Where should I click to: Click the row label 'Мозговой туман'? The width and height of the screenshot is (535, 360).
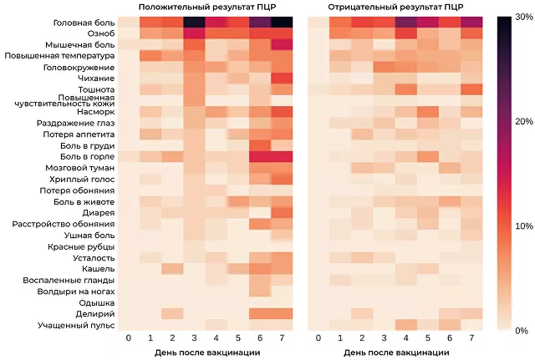(81, 168)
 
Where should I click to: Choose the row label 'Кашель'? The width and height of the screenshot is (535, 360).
(97, 269)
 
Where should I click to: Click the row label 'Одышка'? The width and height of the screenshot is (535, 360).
(96, 302)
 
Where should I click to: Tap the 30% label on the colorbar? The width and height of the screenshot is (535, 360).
(523, 18)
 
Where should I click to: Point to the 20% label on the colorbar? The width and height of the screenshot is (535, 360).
(523, 122)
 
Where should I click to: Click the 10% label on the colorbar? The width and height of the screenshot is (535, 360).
(523, 226)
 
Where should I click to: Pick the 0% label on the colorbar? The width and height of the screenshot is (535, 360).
(523, 331)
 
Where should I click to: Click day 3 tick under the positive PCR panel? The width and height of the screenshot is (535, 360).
(195, 338)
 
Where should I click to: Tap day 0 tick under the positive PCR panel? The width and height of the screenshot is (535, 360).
(128, 338)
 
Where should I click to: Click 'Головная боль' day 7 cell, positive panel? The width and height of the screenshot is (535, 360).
(282, 22)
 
